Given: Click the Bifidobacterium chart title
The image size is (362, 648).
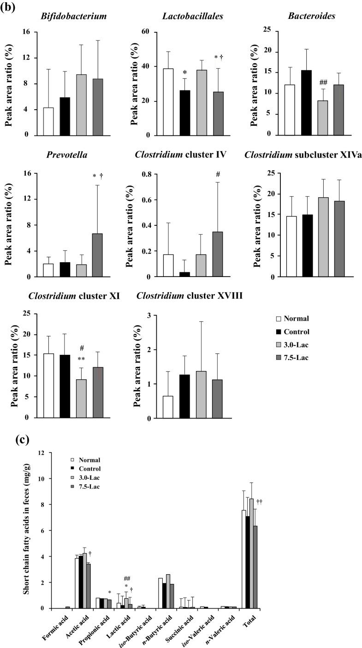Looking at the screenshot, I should pos(74,17).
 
